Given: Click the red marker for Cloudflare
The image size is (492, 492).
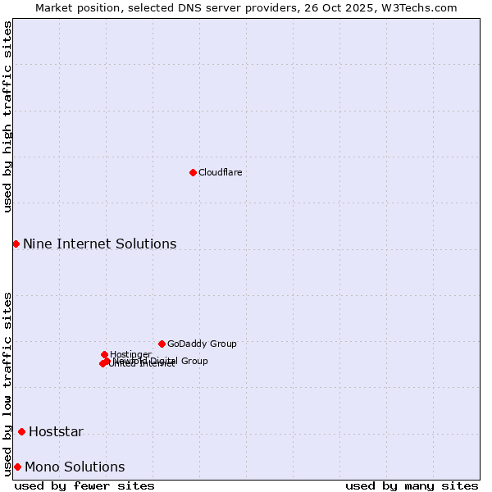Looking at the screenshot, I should [x=193, y=172].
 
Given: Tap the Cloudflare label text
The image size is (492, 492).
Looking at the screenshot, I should [x=220, y=172].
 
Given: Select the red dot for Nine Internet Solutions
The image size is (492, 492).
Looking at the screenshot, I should [x=16, y=244].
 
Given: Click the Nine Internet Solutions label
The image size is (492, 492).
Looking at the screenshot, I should [x=99, y=244].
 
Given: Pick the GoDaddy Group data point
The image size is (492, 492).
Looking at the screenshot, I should [x=162, y=344].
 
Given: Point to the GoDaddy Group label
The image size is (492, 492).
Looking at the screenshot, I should [x=201, y=344].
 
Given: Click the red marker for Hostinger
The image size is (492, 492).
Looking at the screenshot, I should [x=104, y=354].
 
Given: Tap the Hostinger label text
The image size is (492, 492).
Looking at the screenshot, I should [x=130, y=354].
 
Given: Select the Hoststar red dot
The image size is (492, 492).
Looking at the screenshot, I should [x=21, y=431].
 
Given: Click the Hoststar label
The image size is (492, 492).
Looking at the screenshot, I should [x=56, y=432].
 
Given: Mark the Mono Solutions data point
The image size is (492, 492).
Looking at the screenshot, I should [x=17, y=467].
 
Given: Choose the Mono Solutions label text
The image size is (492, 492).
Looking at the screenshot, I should [x=75, y=467].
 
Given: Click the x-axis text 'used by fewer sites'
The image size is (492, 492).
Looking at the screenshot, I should [x=84, y=485].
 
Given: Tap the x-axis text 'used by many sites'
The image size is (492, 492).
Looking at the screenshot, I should [x=412, y=485].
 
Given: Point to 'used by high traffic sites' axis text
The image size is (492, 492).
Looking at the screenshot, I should [x=7, y=116].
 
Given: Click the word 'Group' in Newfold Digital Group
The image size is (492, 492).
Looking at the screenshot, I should [x=194, y=361].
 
